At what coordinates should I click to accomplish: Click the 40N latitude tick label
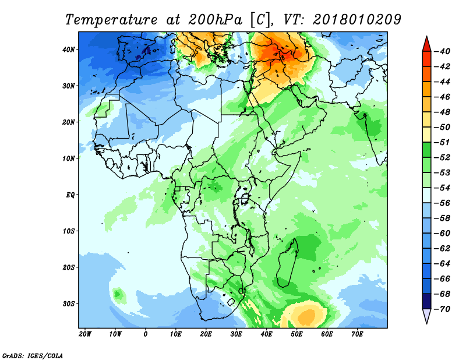68,50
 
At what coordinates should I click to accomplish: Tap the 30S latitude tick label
69,304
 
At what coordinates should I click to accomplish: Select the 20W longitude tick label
85,334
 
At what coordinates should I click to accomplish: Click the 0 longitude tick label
145,334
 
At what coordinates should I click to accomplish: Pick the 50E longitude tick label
296,334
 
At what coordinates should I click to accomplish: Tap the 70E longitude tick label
357,334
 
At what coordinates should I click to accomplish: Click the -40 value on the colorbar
442,51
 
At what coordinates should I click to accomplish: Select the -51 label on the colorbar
442,142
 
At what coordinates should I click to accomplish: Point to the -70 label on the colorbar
442,309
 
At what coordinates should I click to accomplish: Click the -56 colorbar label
442,203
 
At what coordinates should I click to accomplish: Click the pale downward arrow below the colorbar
426,316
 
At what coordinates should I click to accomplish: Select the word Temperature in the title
111,20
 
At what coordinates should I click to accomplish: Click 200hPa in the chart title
215,20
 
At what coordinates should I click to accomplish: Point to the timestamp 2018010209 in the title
357,19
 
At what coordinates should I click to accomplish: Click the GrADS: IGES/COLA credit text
33,356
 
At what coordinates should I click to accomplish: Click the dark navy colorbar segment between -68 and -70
426,301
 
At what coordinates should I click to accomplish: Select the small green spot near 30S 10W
118,294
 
